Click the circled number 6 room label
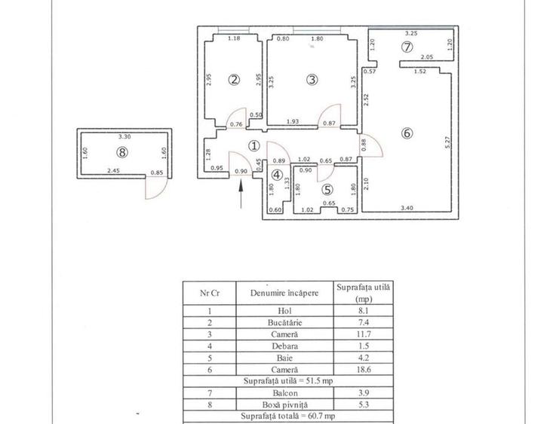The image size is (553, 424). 407,134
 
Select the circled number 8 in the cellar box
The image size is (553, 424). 122,153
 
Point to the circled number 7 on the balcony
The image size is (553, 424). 407,47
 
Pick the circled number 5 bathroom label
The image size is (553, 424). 326,191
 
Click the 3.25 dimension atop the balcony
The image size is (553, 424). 411,33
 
